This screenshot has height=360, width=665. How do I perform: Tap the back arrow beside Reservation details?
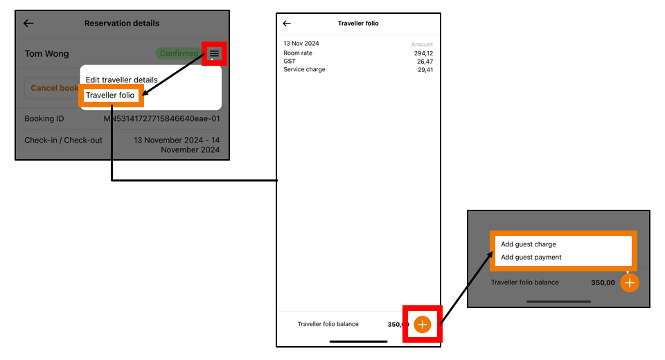tap(28, 24)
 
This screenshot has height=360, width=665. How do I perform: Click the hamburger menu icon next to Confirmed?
tap(215, 53)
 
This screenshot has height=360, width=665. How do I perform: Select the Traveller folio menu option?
tap(111, 95)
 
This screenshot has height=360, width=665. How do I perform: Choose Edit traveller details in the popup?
tap(122, 80)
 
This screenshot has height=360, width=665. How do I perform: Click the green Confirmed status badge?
tap(178, 53)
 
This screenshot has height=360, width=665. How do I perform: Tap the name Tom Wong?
tap(46, 53)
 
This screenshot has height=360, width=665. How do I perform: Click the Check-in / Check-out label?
tap(63, 140)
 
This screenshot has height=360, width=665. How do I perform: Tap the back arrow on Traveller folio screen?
tap(287, 24)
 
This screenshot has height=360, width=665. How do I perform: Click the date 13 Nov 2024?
tap(301, 44)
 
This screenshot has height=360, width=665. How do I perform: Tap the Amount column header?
tap(422, 44)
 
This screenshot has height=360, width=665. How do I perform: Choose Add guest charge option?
tap(529, 244)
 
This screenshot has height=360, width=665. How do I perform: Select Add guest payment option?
tap(531, 258)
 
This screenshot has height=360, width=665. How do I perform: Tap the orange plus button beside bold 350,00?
tap(629, 282)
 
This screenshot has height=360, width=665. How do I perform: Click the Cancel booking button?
tap(54, 89)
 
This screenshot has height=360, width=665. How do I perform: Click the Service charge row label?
tap(304, 70)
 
